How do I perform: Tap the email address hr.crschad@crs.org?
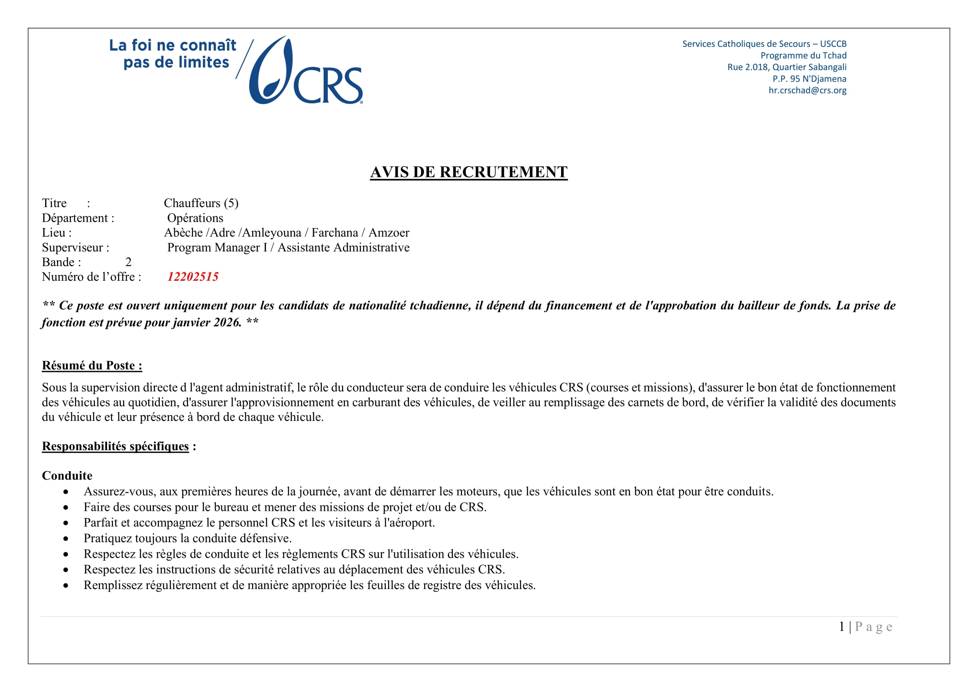[x=807, y=90]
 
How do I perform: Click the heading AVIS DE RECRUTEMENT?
[x=469, y=172]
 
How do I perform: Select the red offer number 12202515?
[x=193, y=277]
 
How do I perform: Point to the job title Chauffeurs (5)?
[x=201, y=203]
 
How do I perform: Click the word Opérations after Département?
[x=195, y=218]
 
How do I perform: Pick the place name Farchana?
[x=335, y=233]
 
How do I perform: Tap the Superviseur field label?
[x=75, y=248]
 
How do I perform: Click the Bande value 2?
[x=128, y=262]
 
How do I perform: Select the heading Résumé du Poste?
[x=92, y=366]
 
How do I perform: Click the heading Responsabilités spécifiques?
[x=115, y=446]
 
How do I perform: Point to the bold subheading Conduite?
[x=67, y=476]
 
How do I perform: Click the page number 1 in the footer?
[x=841, y=626]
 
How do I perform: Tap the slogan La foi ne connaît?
[x=173, y=45]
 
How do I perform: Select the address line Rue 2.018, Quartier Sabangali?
[x=787, y=67]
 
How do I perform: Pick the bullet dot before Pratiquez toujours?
[x=66, y=538]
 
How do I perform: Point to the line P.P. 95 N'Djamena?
[x=809, y=79]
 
